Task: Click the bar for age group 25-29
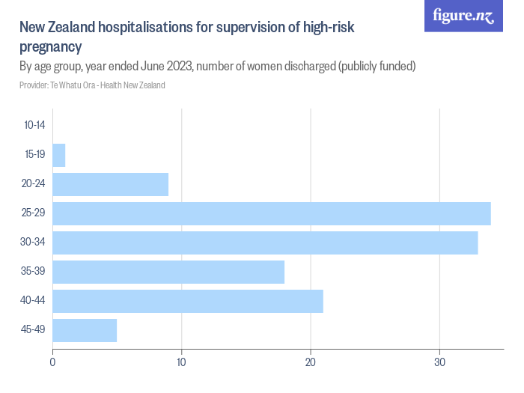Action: click(x=271, y=213)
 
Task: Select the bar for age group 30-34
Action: click(x=265, y=243)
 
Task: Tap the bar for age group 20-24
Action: click(x=110, y=184)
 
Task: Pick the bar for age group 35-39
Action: click(x=168, y=272)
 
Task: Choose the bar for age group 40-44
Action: click(x=188, y=301)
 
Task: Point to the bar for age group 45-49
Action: click(x=85, y=330)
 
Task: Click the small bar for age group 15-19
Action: click(x=59, y=155)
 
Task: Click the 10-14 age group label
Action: click(x=34, y=126)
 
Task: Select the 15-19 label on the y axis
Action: click(x=34, y=155)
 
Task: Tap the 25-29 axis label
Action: click(x=34, y=213)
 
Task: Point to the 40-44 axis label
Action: click(x=34, y=301)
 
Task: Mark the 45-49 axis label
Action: click(x=34, y=330)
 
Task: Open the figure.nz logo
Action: click(x=463, y=16)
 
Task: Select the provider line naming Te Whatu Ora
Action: click(x=92, y=85)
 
